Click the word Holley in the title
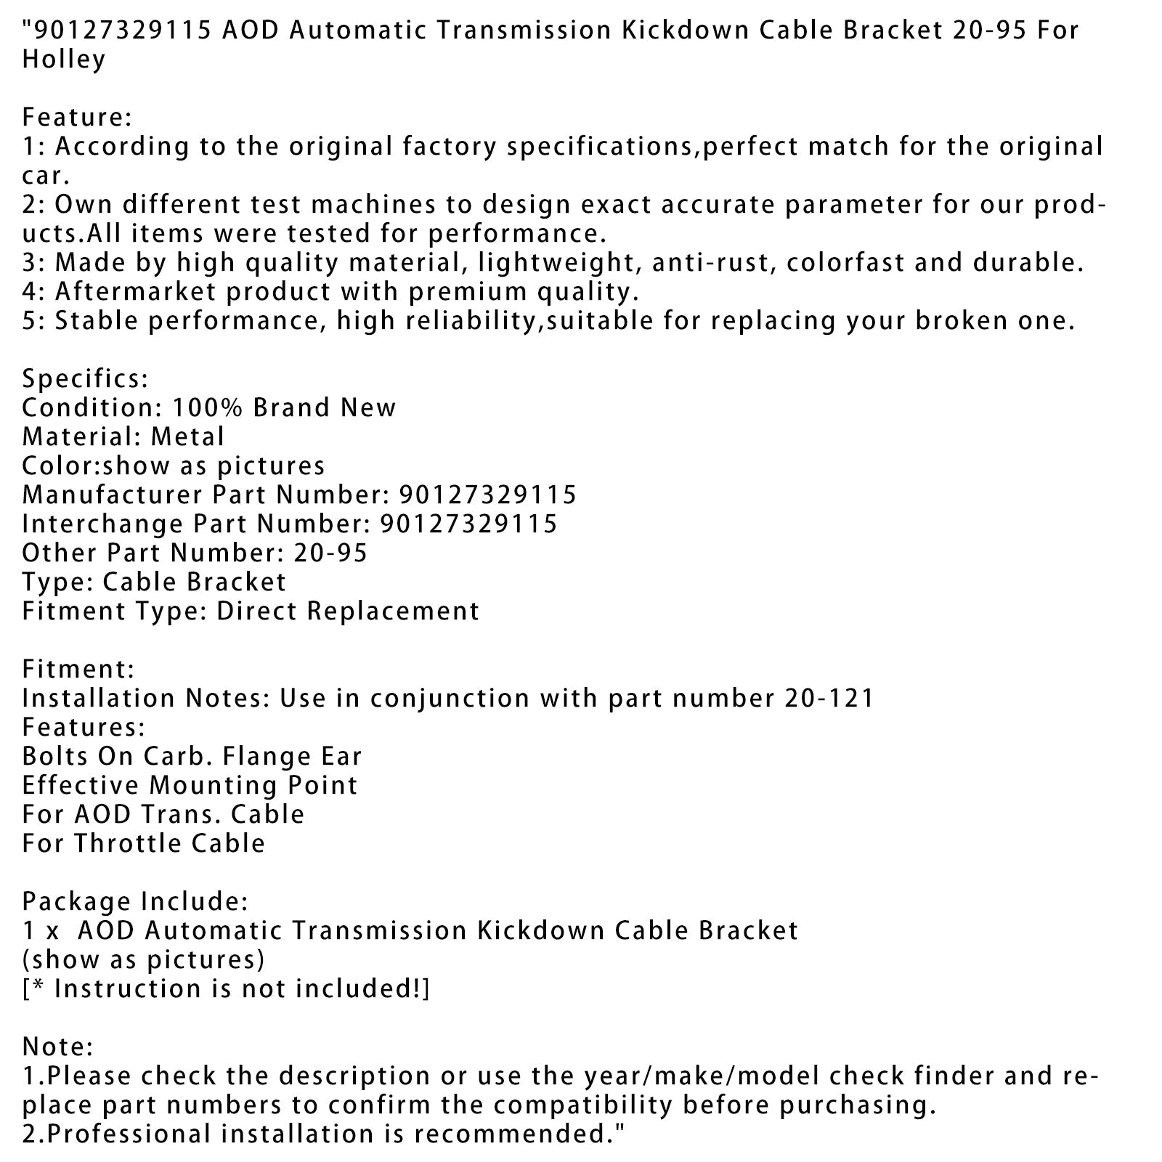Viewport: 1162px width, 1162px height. (64, 60)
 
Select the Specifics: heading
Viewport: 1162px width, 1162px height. (85, 379)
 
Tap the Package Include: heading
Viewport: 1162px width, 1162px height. (135, 902)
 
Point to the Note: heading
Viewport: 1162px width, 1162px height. (57, 1047)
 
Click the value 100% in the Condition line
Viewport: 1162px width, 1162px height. (198, 408)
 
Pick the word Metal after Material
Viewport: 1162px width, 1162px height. (188, 437)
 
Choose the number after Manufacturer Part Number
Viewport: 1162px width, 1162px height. (487, 495)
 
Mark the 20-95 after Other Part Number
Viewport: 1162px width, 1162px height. (330, 553)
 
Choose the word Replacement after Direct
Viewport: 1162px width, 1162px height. (393, 612)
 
